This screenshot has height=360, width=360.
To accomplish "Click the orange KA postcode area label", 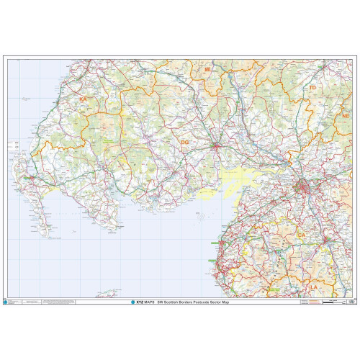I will [83, 99].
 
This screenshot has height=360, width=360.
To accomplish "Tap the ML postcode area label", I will [207, 70].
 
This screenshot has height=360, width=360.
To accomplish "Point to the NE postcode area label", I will [346, 115].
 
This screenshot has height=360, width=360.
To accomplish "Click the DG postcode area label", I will [184, 143].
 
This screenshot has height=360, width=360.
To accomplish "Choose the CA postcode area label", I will [302, 235].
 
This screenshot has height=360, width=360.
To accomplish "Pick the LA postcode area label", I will [312, 287].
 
